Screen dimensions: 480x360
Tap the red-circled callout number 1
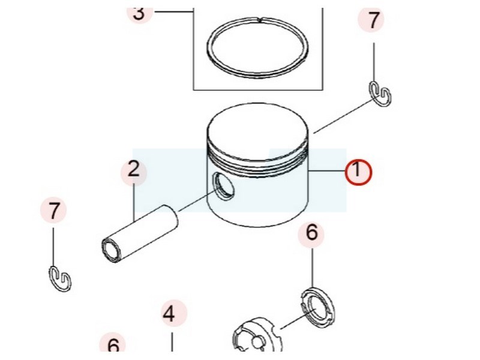pyautogui.click(x=358, y=170)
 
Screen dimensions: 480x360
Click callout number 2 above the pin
pyautogui.click(x=133, y=169)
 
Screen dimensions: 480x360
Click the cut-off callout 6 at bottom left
pyautogui.click(x=113, y=346)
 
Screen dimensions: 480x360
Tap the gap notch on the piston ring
pyautogui.click(x=260, y=20)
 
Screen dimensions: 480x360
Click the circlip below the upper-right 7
pyautogui.click(x=380, y=94)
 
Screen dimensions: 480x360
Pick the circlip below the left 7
pyautogui.click(x=61, y=278)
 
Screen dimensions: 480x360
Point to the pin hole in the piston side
pyautogui.click(x=223, y=186)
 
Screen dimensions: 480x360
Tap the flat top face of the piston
pyautogui.click(x=257, y=130)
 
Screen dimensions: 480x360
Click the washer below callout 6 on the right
pyautogui.click(x=317, y=308)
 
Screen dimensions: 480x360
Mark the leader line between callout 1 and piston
pyautogui.click(x=326, y=170)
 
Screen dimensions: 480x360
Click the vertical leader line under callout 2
pyautogui.click(x=134, y=203)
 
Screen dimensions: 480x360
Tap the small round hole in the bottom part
pyautogui.click(x=257, y=343)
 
